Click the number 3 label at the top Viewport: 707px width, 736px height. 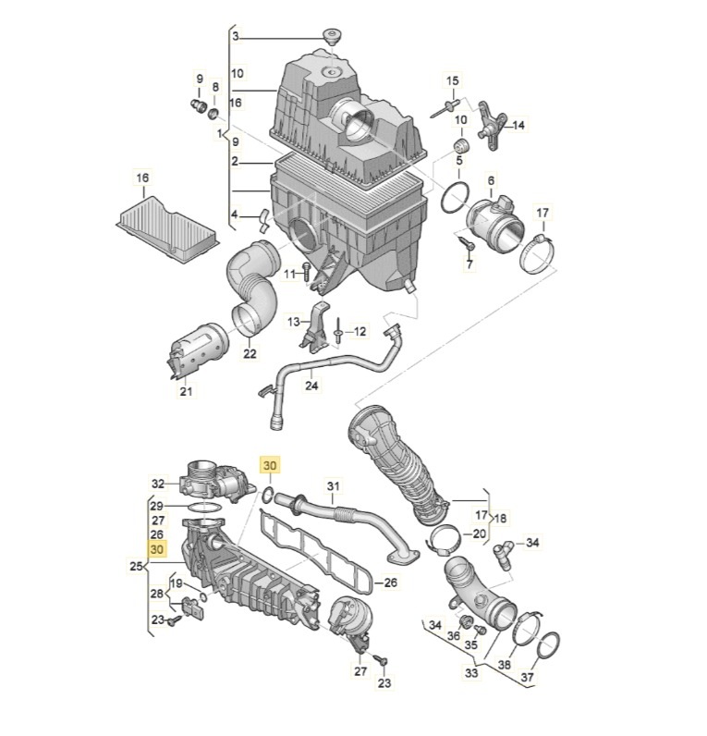[x=236, y=37]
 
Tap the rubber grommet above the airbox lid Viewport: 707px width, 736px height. [x=332, y=36]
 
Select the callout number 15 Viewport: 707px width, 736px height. [x=452, y=80]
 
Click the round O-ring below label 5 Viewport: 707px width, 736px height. [x=455, y=198]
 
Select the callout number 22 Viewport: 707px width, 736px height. [x=250, y=352]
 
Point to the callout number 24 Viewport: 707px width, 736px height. [x=312, y=386]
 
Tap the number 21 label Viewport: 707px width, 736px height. [x=187, y=390]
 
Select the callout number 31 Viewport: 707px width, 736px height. [x=333, y=485]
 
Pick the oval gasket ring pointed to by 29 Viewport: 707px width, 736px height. [x=205, y=508]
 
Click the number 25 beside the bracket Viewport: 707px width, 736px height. [x=136, y=566]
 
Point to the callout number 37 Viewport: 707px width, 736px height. [x=528, y=677]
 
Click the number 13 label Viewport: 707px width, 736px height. [x=293, y=322]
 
